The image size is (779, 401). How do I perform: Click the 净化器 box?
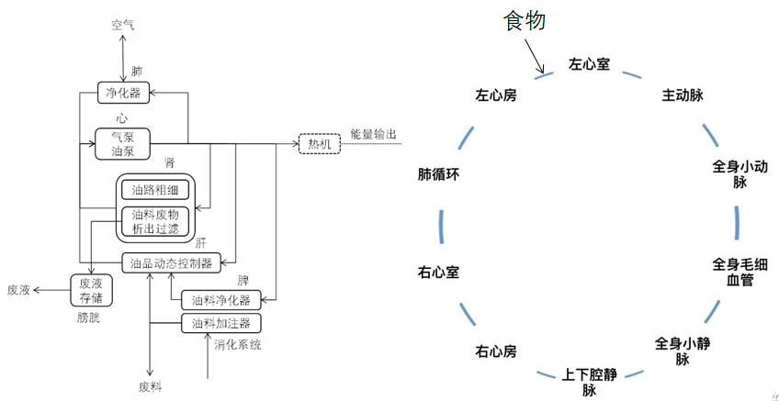coord(123,92)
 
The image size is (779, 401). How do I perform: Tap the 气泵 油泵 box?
coord(122,144)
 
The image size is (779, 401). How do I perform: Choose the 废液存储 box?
coord(92,290)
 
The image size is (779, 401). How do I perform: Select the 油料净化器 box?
coord(220,299)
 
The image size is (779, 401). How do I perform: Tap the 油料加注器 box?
coord(220,323)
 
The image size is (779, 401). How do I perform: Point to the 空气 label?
coord(123,24)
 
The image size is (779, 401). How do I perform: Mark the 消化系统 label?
coord(238,345)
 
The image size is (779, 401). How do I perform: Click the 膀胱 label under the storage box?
coord(92,317)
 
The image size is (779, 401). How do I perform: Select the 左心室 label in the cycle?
coord(589,65)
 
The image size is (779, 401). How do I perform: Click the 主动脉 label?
coord(683,95)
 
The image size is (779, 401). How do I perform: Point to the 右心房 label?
coord(495,351)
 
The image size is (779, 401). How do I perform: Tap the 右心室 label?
coord(438,273)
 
